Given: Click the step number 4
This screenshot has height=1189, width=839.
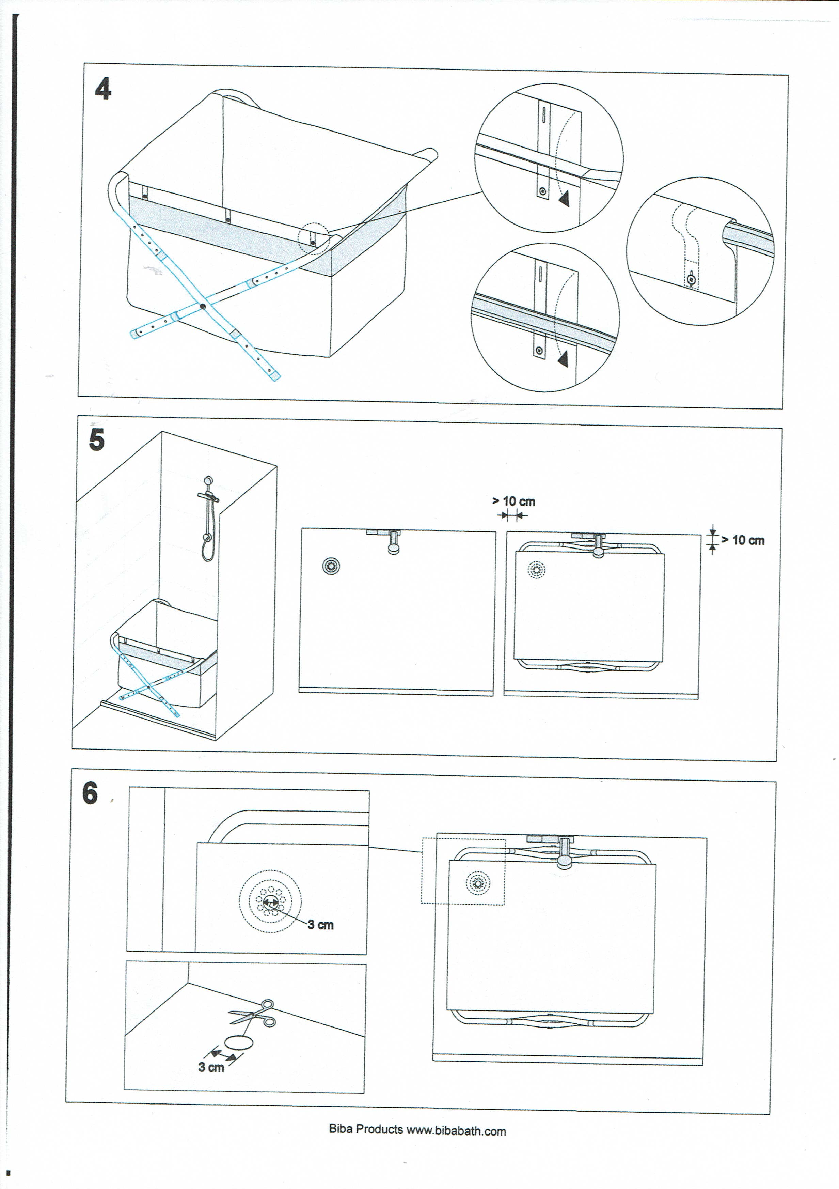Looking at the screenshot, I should click(103, 89).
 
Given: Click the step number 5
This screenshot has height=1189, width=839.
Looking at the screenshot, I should click(97, 440).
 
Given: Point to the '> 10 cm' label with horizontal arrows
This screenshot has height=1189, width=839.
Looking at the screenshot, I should click(513, 501).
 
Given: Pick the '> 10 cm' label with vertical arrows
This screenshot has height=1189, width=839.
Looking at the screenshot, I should click(743, 540).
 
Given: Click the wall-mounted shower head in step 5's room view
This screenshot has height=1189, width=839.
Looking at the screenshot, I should click(208, 481).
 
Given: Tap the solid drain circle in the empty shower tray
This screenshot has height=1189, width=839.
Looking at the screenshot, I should click(331, 566).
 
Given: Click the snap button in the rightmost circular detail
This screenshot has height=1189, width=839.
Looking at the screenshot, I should click(691, 280).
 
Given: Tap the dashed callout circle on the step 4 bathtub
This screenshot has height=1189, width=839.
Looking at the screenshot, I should click(313, 238).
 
